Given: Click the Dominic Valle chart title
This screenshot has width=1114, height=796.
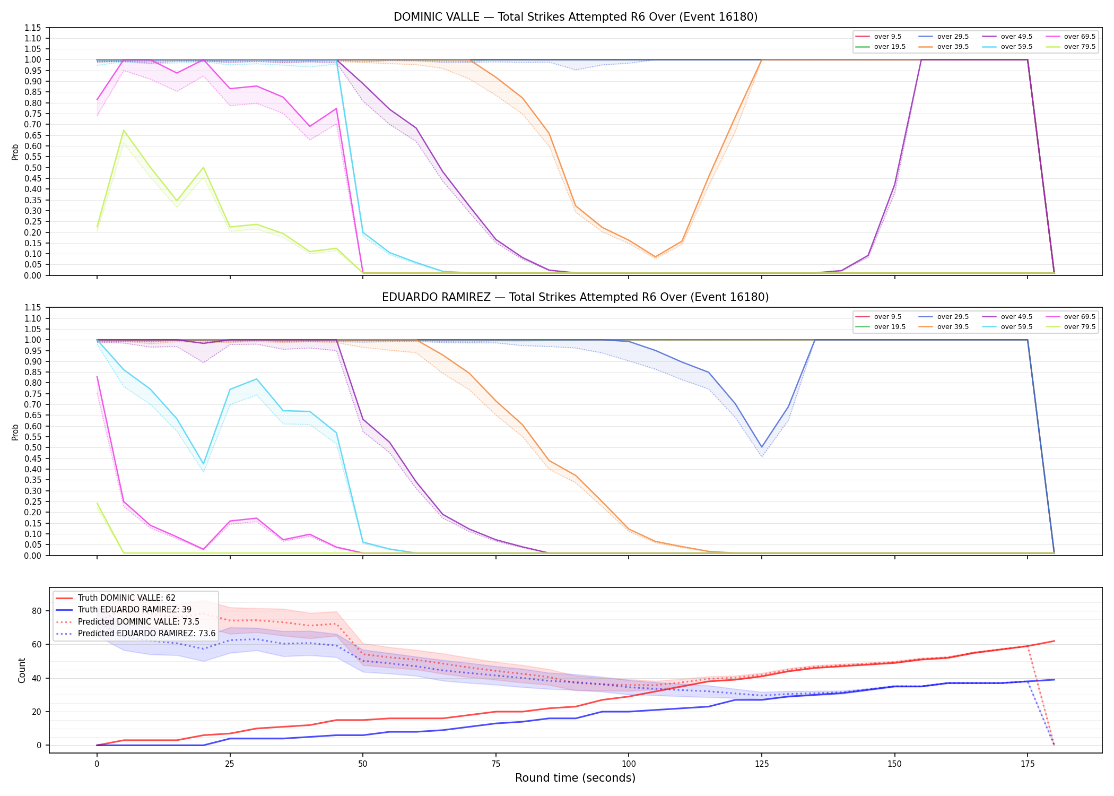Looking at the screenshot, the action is click(576, 17).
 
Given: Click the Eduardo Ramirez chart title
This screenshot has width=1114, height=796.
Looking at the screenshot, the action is click(576, 297).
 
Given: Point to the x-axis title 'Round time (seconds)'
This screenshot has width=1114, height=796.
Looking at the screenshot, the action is click(576, 778).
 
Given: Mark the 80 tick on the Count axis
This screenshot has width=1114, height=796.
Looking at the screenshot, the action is click(37, 611).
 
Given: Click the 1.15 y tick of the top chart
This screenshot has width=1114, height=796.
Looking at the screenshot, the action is click(33, 28).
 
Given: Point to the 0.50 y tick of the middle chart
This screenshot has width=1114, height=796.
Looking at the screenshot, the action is click(33, 447).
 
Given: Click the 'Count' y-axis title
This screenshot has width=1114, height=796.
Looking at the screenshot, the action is click(22, 670).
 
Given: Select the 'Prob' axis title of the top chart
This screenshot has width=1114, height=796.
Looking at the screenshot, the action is click(15, 152).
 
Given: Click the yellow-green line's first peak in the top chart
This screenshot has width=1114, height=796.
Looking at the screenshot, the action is click(124, 130).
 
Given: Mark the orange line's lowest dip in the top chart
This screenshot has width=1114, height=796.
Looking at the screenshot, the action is click(656, 257).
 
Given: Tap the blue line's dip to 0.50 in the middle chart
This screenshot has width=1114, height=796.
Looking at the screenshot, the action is click(762, 447).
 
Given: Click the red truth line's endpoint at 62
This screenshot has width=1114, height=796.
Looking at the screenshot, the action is click(1054, 641).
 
